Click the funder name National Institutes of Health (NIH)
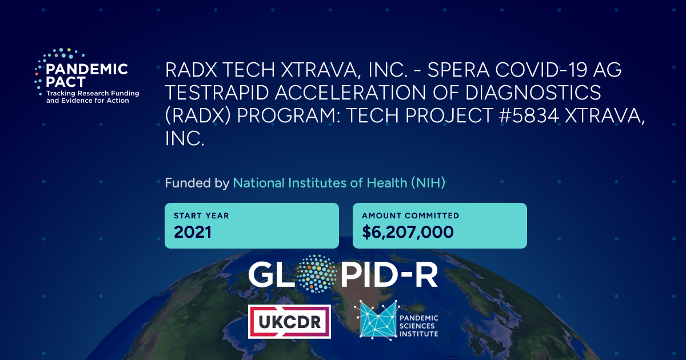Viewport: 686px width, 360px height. (x=339, y=183)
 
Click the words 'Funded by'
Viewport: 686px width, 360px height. (x=197, y=183)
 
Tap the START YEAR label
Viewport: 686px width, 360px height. (x=201, y=216)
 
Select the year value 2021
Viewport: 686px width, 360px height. (x=193, y=232)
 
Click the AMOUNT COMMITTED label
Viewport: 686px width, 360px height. (x=410, y=216)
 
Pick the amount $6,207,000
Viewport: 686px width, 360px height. (x=408, y=232)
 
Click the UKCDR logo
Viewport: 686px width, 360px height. (x=289, y=321)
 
